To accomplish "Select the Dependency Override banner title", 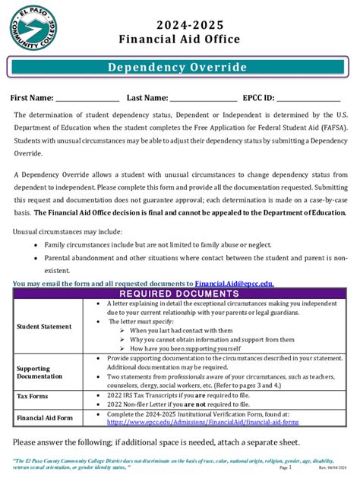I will [177, 68].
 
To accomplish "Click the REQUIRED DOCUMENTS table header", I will [180, 294].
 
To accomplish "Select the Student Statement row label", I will [44, 326].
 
